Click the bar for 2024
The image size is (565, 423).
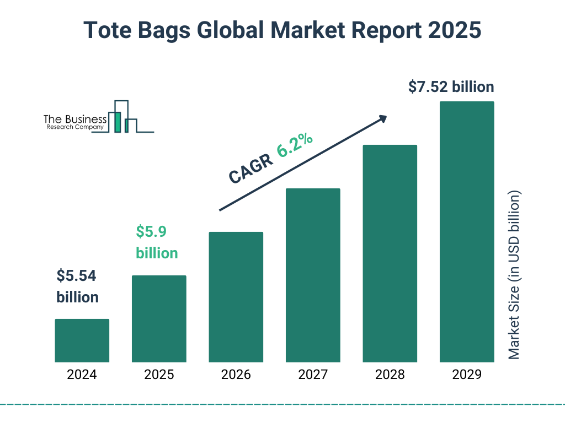pos(82,340)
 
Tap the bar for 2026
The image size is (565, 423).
pos(236,297)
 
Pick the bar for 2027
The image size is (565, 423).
pos(313,275)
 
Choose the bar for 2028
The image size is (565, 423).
pos(390,253)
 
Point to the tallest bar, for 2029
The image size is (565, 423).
pos(467,232)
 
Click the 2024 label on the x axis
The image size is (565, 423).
pos(82,375)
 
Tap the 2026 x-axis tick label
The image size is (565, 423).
pos(236,375)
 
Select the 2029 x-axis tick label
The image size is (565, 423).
pos(467,375)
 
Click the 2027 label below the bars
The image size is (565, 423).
pos(313,375)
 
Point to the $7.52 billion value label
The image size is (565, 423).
pos(451,87)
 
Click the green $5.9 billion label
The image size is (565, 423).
pos(157,242)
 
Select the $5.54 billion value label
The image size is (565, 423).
pos(77,286)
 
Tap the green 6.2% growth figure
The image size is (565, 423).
pos(295,146)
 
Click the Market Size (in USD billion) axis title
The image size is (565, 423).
pos(514,275)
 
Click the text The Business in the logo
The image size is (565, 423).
pos(75,120)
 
